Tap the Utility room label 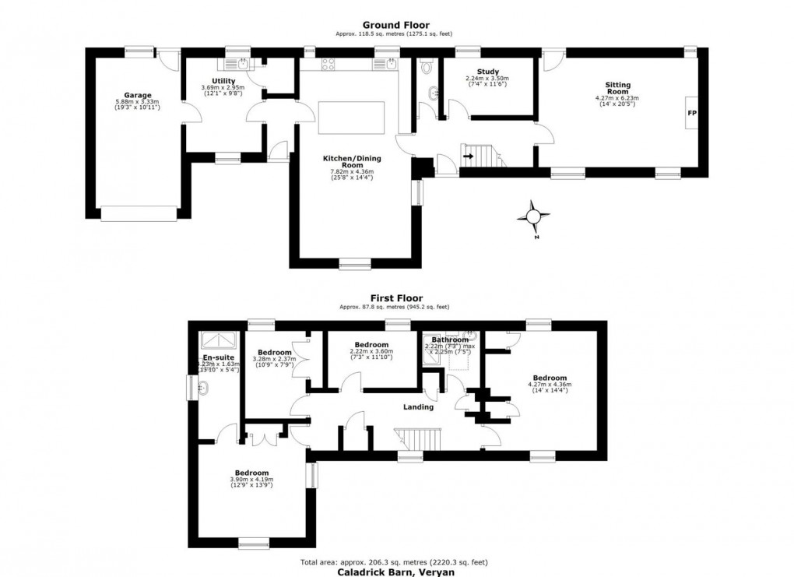point(223,80)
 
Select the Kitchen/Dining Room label point(352,161)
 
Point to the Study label point(487,72)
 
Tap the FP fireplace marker point(691,113)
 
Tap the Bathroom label point(450,340)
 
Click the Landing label point(418,406)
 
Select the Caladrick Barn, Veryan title point(395,571)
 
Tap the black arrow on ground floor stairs point(467,155)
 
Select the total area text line point(394,561)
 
